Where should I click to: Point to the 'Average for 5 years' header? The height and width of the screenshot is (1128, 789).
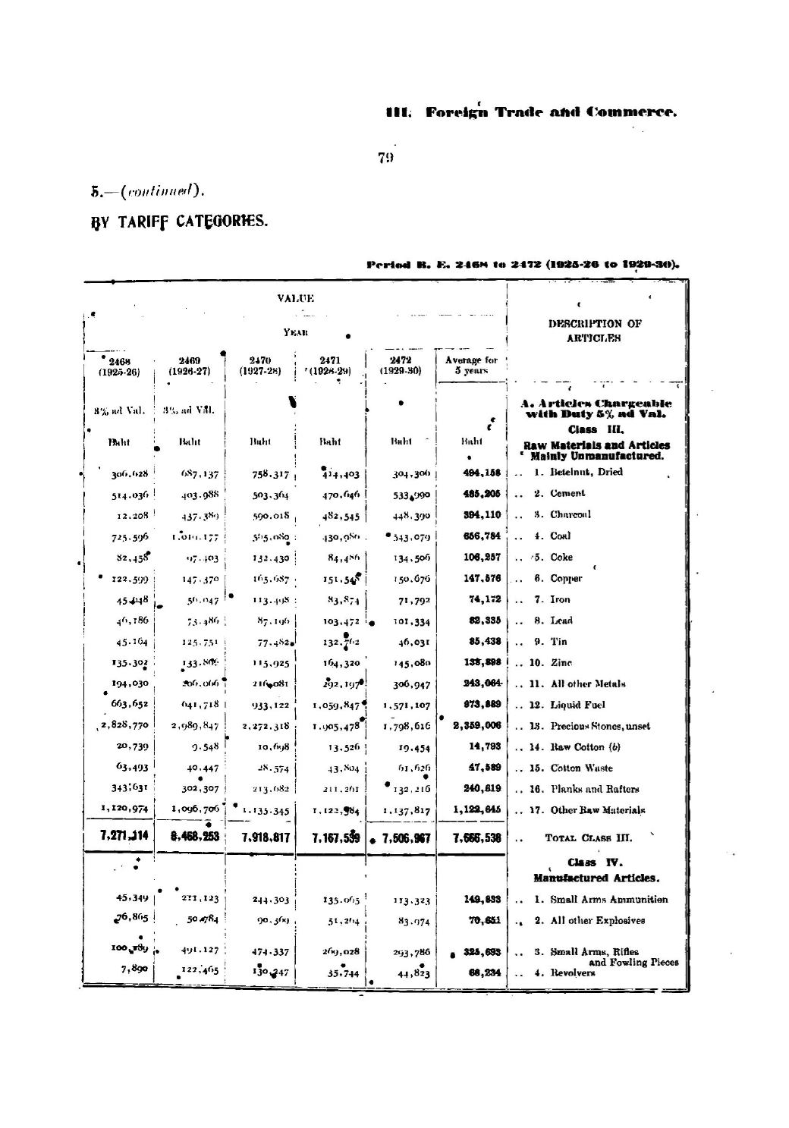tap(471, 365)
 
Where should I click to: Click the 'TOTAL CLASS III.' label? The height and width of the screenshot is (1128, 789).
tap(589, 838)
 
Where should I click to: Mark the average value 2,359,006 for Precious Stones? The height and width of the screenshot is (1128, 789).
tap(477, 726)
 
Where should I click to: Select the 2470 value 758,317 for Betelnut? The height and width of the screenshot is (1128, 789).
tap(259, 475)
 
